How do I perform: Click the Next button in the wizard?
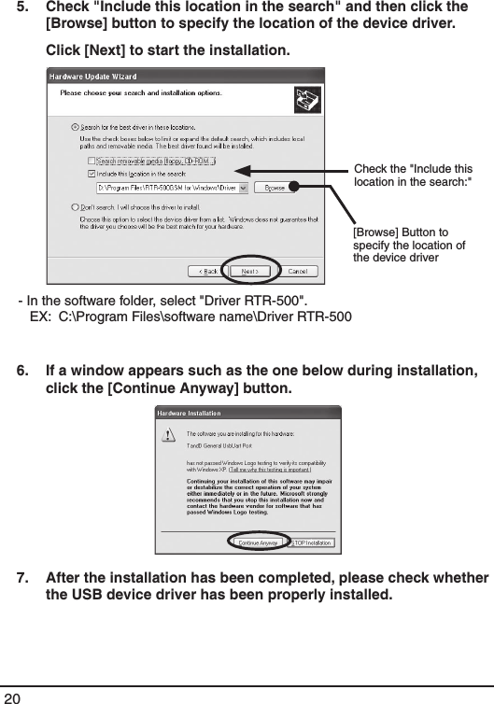pos(250,271)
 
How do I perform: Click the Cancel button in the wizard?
pos(295,271)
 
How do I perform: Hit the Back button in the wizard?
pos(205,271)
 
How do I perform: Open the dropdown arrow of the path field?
pos(244,187)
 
